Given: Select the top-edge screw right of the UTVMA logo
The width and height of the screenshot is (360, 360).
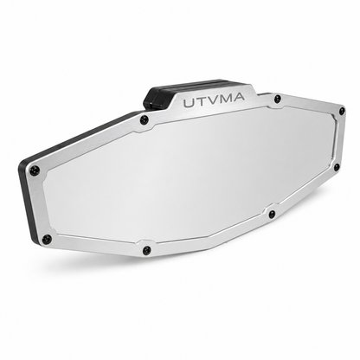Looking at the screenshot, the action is (x=277, y=99).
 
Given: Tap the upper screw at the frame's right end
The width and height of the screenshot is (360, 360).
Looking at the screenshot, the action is (x=342, y=110).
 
